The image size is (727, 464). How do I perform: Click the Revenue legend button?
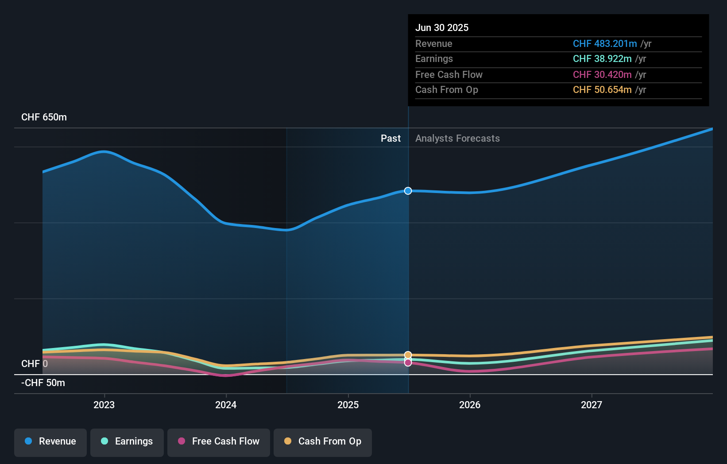coord(50,442)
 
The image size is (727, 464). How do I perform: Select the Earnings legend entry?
coord(127,442)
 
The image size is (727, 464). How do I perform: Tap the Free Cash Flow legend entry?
coord(219,442)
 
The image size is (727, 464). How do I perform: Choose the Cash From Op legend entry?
coord(323,442)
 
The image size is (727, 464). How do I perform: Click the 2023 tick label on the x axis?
coord(104,405)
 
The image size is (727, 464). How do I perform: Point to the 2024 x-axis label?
coord(226,405)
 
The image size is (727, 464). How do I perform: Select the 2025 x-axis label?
coord(348,405)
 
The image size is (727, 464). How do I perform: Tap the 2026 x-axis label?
coord(470,405)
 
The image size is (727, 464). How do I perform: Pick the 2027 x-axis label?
coord(592,405)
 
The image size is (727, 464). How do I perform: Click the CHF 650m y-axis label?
coord(44,117)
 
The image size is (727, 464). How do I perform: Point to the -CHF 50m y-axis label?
coord(43,383)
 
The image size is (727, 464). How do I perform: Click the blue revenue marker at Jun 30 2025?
coord(408,191)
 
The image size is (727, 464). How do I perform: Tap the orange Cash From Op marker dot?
coord(408,355)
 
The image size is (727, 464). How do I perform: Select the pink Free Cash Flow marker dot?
coord(408,363)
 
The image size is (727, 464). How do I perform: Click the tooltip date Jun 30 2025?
coord(441,27)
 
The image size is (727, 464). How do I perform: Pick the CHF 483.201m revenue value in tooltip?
coord(604,43)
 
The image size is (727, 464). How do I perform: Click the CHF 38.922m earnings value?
coord(602,59)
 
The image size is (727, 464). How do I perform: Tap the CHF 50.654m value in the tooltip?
coord(602,90)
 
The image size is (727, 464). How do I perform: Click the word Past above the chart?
coord(391,139)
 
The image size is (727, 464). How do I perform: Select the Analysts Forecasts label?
coord(457,139)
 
